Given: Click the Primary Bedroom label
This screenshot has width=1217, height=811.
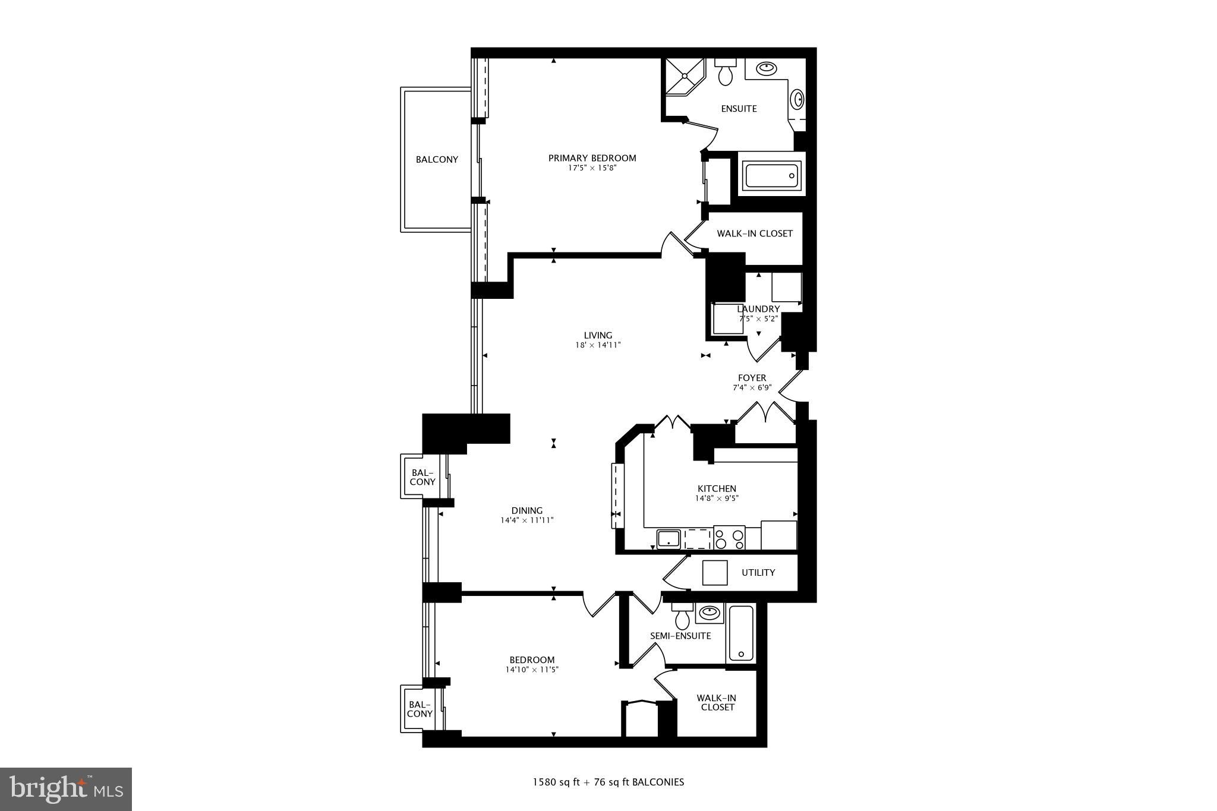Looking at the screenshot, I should [592, 158].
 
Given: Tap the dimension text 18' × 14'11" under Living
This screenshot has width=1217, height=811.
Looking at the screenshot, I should [598, 345].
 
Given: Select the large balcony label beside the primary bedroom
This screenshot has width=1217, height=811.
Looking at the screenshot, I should [437, 159].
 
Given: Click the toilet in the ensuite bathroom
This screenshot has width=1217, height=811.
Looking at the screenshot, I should [725, 72].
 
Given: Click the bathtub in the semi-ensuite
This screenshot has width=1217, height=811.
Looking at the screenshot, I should [741, 633].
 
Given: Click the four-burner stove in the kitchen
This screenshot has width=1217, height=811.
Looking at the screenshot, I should [729, 538].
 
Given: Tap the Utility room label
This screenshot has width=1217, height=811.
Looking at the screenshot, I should [758, 572].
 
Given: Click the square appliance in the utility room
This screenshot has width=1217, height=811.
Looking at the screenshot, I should [715, 573].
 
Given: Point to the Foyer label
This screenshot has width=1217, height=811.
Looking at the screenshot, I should [752, 378].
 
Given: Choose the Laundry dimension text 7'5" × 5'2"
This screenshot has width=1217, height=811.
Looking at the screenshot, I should [758, 318].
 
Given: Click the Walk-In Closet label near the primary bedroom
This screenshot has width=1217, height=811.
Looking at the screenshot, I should [754, 233].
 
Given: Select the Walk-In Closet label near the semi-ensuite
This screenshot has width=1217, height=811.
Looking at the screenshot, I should [717, 702].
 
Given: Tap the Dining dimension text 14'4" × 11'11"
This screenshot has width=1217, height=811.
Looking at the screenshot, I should [527, 520].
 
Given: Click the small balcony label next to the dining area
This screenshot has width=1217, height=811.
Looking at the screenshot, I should [423, 477].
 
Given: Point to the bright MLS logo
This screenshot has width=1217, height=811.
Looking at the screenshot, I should [66, 789].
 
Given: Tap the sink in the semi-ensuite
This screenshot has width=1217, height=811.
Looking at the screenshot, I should [709, 612].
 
